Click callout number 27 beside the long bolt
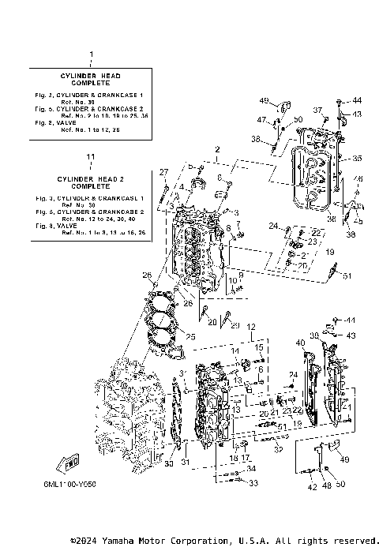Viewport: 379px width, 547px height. coord(164,172)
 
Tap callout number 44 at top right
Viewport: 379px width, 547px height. coord(356,101)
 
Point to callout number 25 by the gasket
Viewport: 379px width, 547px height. coord(190,337)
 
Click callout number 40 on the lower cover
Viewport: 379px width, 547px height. coord(300,343)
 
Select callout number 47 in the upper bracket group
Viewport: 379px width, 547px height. coord(261,119)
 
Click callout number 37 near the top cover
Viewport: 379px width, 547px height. coord(317,110)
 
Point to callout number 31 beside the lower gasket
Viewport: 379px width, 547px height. coord(186,462)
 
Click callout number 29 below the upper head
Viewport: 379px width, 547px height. coord(235,325)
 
